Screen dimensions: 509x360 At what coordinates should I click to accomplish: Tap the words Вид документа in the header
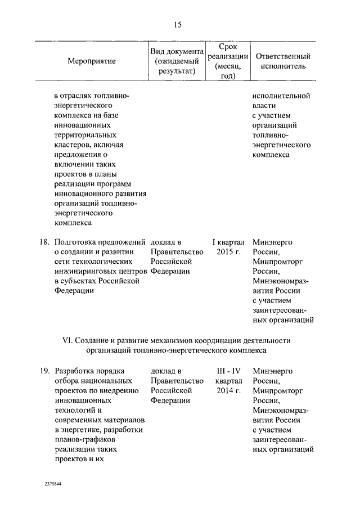tap(176, 51)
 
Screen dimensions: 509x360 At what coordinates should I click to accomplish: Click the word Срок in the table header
tap(227, 46)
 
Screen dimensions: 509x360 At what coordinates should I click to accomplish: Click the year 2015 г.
tap(228, 252)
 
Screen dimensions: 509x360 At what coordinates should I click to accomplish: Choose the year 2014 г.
tap(228, 390)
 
